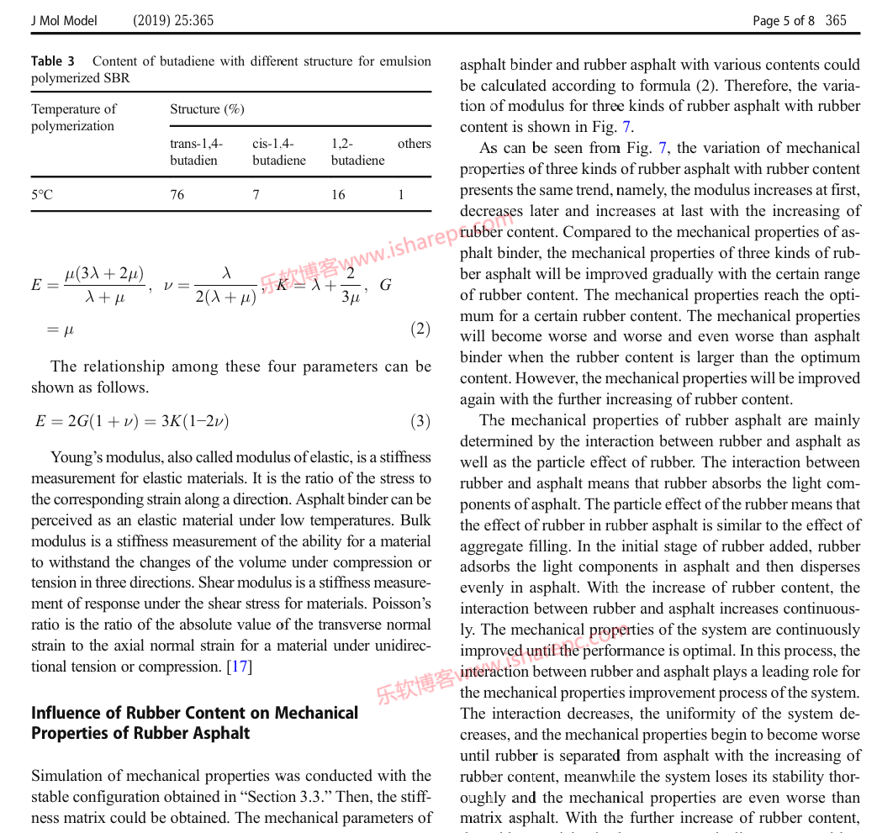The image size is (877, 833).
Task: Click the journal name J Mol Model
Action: click(x=64, y=20)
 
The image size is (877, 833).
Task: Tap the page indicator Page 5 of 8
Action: click(x=783, y=20)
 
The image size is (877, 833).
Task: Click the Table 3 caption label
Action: click(x=53, y=61)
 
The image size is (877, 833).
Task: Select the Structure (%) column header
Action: click(x=207, y=109)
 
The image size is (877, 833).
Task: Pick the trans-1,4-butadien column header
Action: click(x=197, y=152)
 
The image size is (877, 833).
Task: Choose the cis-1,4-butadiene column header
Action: click(x=279, y=152)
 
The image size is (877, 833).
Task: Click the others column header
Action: click(x=414, y=144)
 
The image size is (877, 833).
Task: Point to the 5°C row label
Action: click(x=42, y=195)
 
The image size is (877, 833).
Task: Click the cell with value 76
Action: click(x=177, y=195)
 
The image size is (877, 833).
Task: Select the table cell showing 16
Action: click(x=338, y=195)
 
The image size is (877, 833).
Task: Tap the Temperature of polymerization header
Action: click(x=74, y=118)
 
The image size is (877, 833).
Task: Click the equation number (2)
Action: click(x=420, y=329)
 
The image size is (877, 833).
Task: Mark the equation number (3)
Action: click(x=420, y=421)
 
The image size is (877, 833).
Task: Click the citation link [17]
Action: click(x=240, y=667)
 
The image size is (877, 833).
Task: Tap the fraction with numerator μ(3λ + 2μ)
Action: click(x=104, y=285)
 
